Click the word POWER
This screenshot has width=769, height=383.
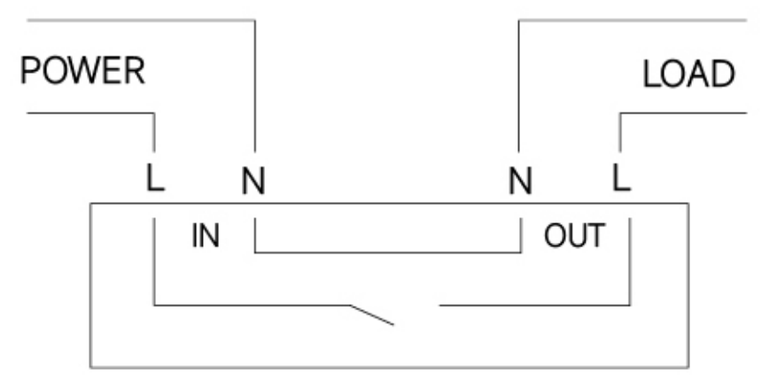pyautogui.click(x=83, y=71)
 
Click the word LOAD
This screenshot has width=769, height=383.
pyautogui.click(x=688, y=74)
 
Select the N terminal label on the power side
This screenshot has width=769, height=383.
pyautogui.click(x=253, y=181)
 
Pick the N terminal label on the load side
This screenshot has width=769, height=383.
pyautogui.click(x=520, y=181)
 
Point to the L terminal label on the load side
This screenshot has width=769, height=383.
pyautogui.click(x=621, y=177)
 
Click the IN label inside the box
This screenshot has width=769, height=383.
pyautogui.click(x=205, y=236)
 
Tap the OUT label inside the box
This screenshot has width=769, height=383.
pyautogui.click(x=574, y=236)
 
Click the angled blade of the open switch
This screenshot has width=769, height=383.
pyautogui.click(x=372, y=315)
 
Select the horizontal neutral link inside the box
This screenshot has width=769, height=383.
pyautogui.click(x=387, y=253)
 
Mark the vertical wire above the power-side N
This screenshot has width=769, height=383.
pyautogui.click(x=255, y=86)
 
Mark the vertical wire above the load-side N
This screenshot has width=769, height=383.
pyautogui.click(x=519, y=86)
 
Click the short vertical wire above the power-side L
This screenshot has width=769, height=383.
pyautogui.click(x=154, y=132)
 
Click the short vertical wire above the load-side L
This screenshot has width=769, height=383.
pyautogui.click(x=620, y=132)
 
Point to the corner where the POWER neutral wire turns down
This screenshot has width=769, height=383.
pyautogui.click(x=255, y=20)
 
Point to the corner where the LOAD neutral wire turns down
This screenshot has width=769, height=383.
pyautogui.click(x=519, y=20)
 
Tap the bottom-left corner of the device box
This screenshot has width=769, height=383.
pyautogui.click(x=90, y=367)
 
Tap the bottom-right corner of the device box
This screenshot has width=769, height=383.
pyautogui.click(x=688, y=367)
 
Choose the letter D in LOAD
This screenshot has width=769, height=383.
pyautogui.click(x=723, y=74)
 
